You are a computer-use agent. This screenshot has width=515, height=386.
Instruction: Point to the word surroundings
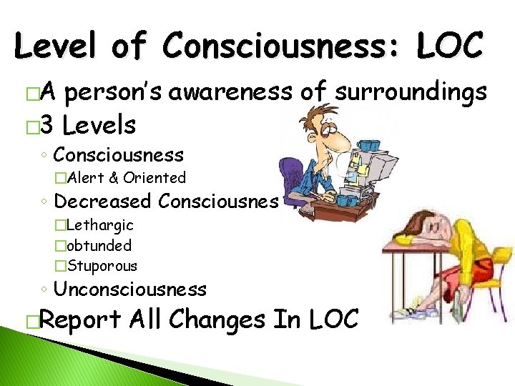412,91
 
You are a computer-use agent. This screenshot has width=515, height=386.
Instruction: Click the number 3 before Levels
46,126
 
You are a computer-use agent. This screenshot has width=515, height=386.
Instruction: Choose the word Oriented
154,178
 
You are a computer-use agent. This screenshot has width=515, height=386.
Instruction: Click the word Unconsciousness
130,289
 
